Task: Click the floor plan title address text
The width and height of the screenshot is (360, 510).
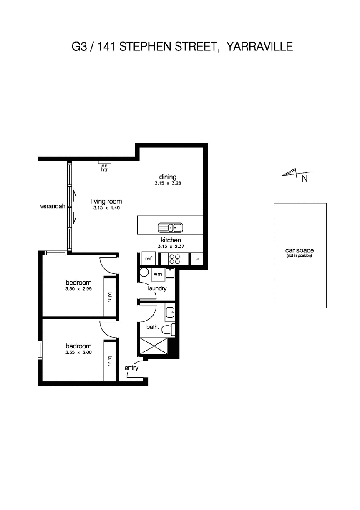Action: click(x=182, y=47)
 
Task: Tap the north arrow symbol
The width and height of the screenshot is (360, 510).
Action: click(x=297, y=173)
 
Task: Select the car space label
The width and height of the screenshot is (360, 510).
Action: click(x=300, y=250)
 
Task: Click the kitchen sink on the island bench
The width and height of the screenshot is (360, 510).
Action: click(x=170, y=227)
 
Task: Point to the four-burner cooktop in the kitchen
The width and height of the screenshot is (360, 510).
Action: click(x=175, y=259)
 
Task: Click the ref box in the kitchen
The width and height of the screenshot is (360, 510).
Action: click(x=148, y=259)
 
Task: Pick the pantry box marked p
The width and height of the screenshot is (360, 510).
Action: click(x=196, y=259)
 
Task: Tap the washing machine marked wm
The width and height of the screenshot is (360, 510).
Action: click(x=158, y=274)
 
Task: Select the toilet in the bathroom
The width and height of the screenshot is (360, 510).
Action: click(x=169, y=330)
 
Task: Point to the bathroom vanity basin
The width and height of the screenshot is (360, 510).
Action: click(x=170, y=313)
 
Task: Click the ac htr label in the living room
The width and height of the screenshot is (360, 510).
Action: click(x=104, y=168)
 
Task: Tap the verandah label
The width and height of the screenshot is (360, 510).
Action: click(x=53, y=206)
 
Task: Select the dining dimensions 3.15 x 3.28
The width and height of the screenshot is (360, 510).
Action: click(x=168, y=183)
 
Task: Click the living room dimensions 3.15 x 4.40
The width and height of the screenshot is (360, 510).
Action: click(x=106, y=207)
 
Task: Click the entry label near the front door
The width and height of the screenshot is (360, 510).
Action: click(x=131, y=368)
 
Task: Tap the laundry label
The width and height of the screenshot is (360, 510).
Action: click(x=157, y=288)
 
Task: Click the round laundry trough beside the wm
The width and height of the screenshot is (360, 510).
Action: click(x=144, y=273)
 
